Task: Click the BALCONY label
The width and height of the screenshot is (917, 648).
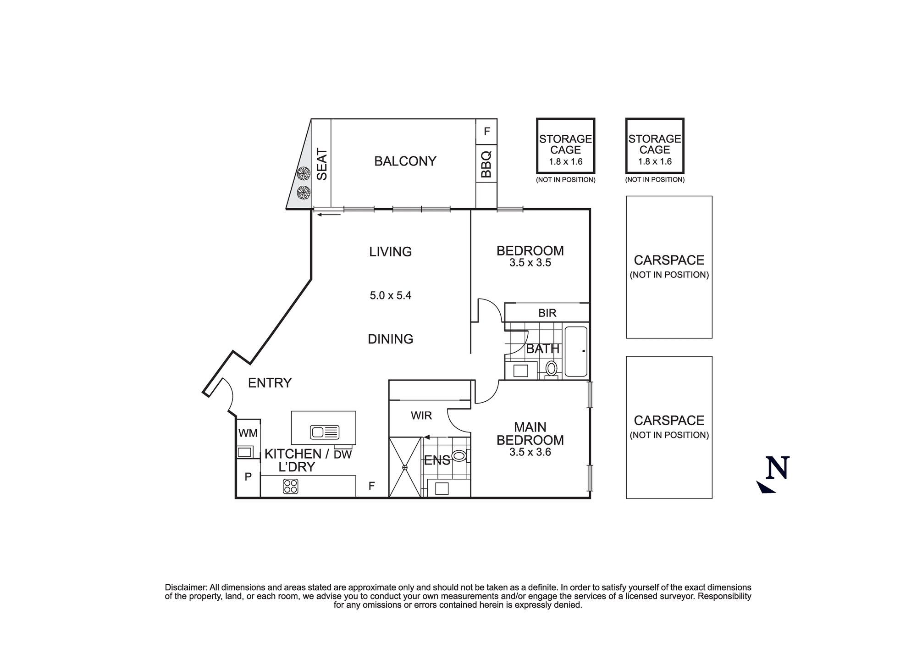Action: click(405, 161)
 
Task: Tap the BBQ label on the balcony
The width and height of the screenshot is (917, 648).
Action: click(486, 164)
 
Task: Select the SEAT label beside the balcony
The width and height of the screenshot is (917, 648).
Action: click(322, 164)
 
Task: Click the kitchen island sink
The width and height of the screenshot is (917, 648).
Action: click(324, 432)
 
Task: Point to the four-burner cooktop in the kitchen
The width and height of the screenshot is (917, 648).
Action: click(291, 486)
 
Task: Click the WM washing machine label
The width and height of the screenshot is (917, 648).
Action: click(248, 433)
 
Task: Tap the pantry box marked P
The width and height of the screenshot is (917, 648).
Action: click(248, 477)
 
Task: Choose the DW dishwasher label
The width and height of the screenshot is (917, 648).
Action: click(342, 455)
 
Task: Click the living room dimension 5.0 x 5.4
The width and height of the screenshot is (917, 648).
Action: click(390, 296)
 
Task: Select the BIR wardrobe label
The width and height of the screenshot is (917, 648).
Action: click(547, 313)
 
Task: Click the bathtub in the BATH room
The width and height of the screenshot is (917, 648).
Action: click(575, 351)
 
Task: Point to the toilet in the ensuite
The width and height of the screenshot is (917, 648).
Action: click(459, 455)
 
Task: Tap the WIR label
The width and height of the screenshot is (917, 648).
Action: click(421, 416)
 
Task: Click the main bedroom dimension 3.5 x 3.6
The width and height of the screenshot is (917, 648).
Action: click(530, 452)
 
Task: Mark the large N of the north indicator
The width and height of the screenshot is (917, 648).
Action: click(778, 468)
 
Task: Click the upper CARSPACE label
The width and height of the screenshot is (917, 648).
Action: click(669, 260)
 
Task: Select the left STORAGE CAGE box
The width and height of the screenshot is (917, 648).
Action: click(565, 146)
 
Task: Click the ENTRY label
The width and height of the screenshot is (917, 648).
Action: click(270, 383)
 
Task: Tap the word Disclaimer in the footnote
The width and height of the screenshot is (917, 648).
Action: click(186, 587)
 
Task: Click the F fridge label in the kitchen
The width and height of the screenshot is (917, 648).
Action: click(371, 486)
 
